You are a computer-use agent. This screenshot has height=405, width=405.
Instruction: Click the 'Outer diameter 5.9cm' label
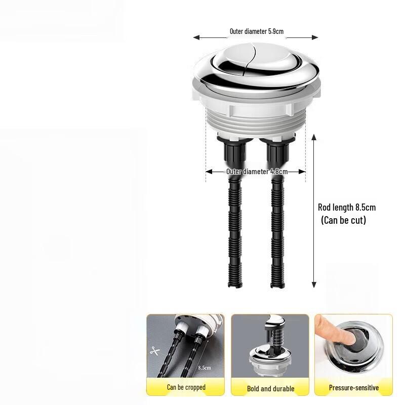256,31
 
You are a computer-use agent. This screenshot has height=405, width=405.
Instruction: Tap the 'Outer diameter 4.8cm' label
257,172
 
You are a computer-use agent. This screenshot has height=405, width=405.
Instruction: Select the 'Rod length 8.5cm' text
347,207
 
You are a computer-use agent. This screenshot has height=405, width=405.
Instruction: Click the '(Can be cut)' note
343,221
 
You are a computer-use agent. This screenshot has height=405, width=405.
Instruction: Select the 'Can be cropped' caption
186,388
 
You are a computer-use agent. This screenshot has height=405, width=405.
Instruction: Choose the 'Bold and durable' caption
270,388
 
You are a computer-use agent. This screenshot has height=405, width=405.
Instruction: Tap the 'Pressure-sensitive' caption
353,388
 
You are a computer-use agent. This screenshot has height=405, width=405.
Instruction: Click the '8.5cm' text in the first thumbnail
205,368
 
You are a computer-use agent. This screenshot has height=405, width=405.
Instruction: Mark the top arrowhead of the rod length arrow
314,137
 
